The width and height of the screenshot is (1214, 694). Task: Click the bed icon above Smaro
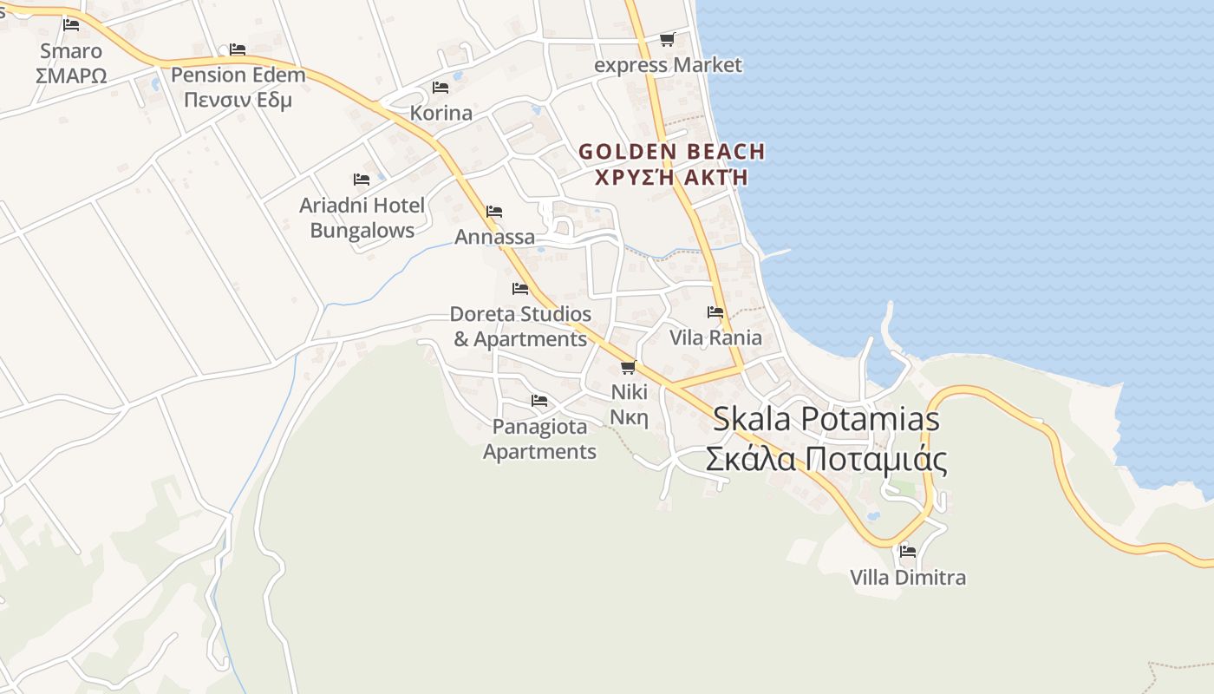click(x=71, y=25)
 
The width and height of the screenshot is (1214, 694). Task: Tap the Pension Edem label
click(x=238, y=75)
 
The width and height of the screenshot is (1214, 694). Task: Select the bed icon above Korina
click(x=441, y=88)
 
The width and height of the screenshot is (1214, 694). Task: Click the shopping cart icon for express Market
click(x=667, y=39)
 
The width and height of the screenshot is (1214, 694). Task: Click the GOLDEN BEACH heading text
click(x=671, y=152)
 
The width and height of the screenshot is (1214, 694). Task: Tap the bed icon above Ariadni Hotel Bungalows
click(x=362, y=180)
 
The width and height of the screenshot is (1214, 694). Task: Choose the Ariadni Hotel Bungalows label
click(x=362, y=218)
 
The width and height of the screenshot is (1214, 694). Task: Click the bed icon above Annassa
click(x=494, y=212)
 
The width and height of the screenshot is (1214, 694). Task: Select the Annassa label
click(x=495, y=237)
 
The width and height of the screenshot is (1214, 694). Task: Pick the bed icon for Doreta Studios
click(x=520, y=288)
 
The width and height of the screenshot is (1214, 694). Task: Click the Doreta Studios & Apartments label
click(x=520, y=326)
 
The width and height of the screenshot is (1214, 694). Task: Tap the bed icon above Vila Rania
click(x=715, y=312)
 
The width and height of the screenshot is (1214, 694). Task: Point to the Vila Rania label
click(x=715, y=337)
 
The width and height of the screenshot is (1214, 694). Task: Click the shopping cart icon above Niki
click(x=629, y=367)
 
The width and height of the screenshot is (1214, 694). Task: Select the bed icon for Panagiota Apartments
click(x=539, y=401)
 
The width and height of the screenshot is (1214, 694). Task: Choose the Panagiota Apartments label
click(x=539, y=439)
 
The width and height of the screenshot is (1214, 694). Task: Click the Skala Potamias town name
click(x=826, y=420)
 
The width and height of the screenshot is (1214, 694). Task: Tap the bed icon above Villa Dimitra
click(x=908, y=551)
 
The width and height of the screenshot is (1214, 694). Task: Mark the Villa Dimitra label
click(x=908, y=577)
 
